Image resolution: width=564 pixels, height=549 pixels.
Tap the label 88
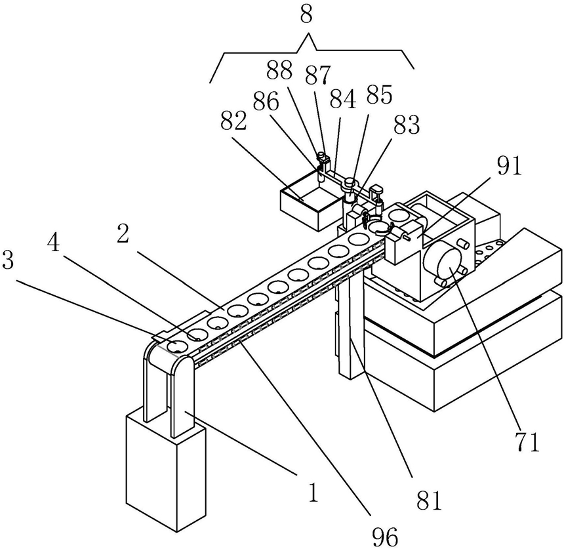[279, 72]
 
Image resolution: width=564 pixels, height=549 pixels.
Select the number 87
[317, 75]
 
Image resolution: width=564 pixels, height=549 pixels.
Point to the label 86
[266, 102]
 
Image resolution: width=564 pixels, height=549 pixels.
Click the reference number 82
[233, 121]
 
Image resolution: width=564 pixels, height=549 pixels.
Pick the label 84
[343, 99]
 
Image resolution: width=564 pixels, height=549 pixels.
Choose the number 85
[379, 94]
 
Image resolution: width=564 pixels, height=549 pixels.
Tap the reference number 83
[407, 125]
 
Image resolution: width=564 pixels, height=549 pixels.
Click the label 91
[510, 167]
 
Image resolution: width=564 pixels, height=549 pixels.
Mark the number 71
[528, 442]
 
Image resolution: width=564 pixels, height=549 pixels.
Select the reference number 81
[429, 500]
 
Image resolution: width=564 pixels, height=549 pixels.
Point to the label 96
[386, 537]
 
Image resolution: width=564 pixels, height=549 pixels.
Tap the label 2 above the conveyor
[123, 235]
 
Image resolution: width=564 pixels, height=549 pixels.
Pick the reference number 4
[54, 245]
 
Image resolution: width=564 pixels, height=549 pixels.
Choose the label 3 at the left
[8, 260]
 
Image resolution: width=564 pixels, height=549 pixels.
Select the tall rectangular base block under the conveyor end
[165, 468]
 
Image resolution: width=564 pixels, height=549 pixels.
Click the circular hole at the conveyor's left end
[177, 346]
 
